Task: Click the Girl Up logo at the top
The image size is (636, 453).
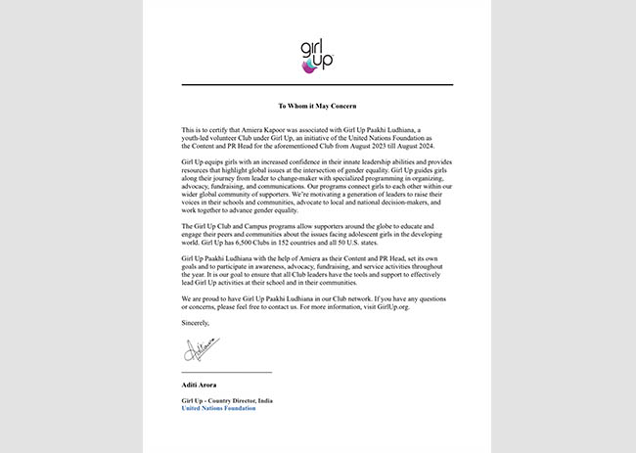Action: (x=317, y=57)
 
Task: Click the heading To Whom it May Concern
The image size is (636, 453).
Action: (x=317, y=105)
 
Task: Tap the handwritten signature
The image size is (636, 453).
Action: (x=201, y=348)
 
